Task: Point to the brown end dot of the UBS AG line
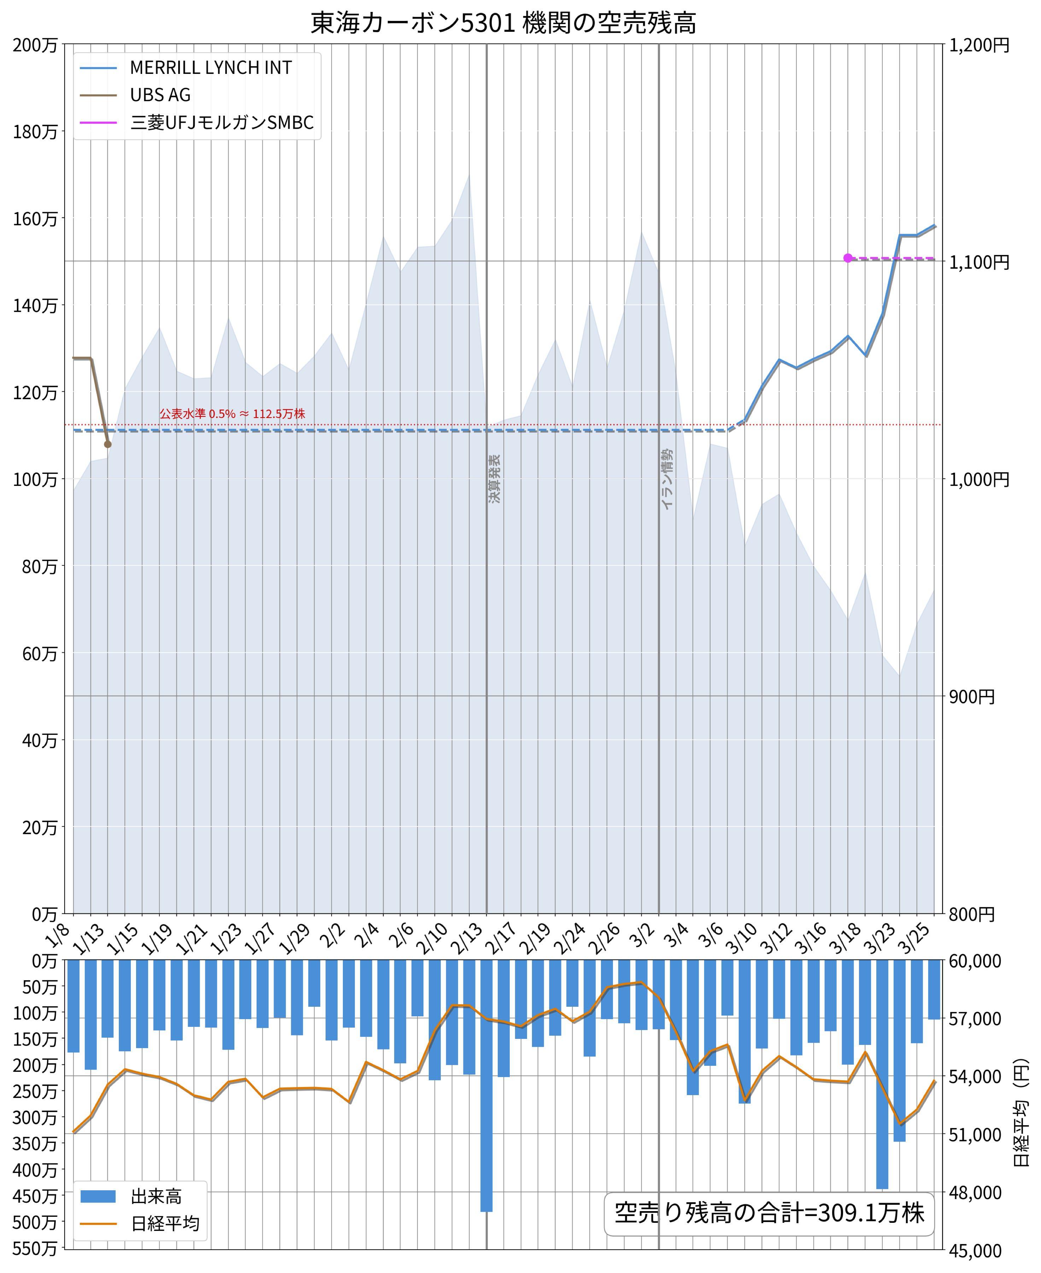[108, 444]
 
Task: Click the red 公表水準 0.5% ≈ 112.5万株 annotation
[232, 414]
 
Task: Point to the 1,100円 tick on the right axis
[979, 262]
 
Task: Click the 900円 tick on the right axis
[971, 697]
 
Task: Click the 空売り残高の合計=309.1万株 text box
[770, 1213]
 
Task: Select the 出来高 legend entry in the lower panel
[156, 1197]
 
